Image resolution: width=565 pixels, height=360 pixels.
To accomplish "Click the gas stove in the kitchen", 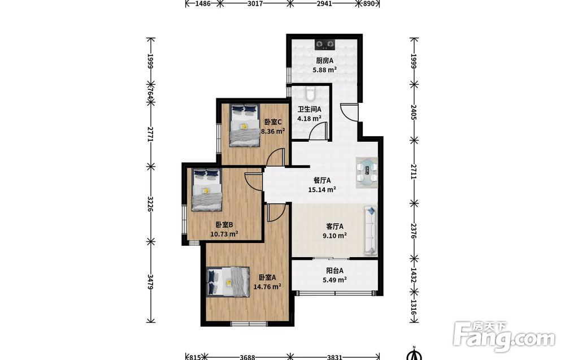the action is point(325,44).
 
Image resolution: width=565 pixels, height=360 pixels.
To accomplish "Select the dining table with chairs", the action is point(367,172).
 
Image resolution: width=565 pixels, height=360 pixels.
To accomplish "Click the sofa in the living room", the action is point(371,231).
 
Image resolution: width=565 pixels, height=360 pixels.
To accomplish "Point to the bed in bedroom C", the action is point(245,125).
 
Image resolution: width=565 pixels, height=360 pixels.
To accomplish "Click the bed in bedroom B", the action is point(206,189).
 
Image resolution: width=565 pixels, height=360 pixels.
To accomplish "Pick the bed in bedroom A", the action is point(228,282).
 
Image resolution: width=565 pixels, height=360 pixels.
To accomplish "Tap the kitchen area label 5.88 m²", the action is point(325,70).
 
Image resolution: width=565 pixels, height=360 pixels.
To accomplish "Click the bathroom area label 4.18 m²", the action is point(309,118).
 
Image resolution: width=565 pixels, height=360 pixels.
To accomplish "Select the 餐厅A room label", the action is point(322,180).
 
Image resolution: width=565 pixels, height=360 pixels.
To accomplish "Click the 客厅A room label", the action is point(334,226).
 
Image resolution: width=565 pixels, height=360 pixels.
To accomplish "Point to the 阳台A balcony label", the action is point(334,270).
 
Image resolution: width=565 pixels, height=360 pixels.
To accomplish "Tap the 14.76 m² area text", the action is point(267,287).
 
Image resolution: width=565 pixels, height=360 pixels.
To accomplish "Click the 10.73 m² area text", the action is point(224,234).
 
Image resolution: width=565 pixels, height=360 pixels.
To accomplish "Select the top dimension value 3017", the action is point(255,3).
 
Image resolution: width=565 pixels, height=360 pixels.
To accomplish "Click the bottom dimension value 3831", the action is point(334,357).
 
